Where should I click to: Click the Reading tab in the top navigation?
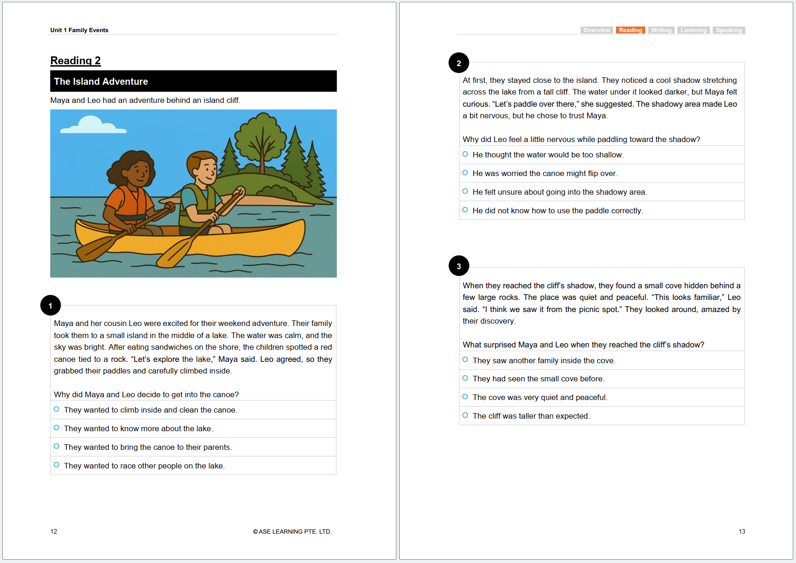[630, 30]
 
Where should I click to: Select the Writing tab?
[661, 30]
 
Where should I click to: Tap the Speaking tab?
[729, 30]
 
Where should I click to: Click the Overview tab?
[596, 30]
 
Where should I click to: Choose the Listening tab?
[693, 30]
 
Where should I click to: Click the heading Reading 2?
[75, 61]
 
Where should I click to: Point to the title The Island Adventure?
[101, 81]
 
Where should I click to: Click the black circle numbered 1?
[51, 306]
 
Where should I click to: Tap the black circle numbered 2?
[459, 63]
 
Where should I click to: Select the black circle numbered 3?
[459, 266]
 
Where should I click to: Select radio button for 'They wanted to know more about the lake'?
[57, 428]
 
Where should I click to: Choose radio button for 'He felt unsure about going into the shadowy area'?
[465, 191]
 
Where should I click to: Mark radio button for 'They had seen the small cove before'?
[465, 378]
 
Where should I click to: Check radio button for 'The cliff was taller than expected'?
[465, 415]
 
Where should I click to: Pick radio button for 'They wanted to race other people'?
[57, 465]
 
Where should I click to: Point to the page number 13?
[742, 531]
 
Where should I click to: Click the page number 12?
[54, 531]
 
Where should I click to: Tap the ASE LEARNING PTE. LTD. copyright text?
[292, 531]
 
